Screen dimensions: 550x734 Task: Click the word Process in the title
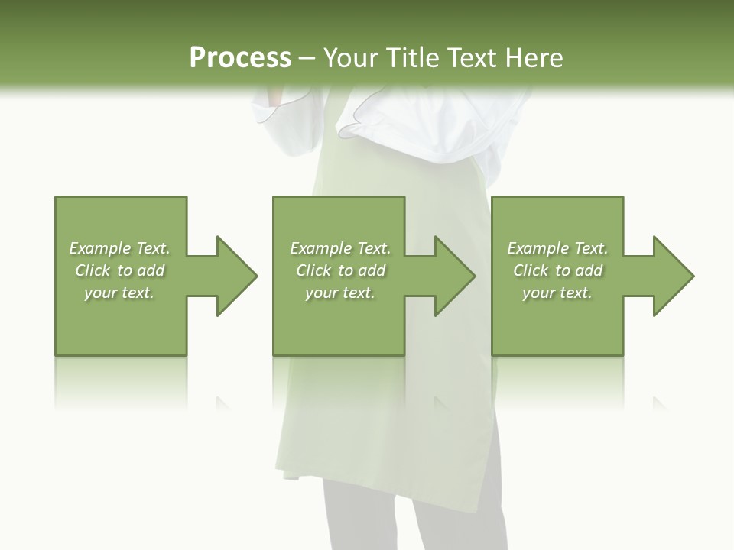pos(240,58)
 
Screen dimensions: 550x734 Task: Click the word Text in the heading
pos(473,58)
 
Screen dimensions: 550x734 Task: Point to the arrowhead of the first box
pos(237,276)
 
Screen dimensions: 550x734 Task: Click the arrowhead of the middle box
pos(455,276)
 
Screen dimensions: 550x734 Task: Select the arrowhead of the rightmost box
pos(674,276)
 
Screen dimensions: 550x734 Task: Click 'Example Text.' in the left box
pos(119,248)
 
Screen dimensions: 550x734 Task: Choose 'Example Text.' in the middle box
pos(340,248)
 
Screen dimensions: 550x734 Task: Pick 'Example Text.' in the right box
pos(557,248)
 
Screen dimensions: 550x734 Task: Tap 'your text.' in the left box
pos(119,293)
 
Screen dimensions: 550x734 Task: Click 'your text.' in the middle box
pos(340,293)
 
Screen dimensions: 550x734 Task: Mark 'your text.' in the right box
pos(557,293)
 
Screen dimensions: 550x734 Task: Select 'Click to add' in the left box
pos(119,270)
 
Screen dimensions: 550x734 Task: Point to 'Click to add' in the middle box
pos(340,270)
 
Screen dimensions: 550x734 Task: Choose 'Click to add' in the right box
pos(557,270)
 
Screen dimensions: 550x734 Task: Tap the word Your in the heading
pos(352,58)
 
